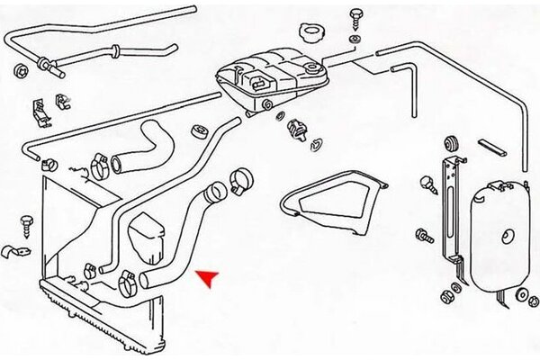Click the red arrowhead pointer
tap(207, 278)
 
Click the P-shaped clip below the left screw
tap(15, 249)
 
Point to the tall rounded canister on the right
tap(499, 234)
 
